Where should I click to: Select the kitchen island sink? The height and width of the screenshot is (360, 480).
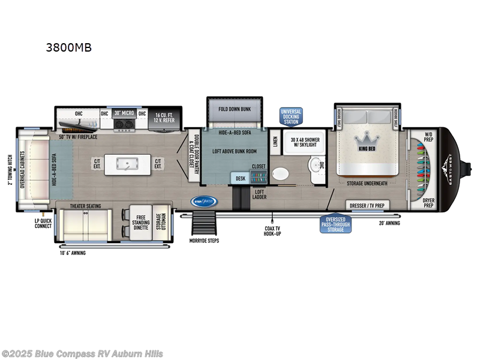[127, 163]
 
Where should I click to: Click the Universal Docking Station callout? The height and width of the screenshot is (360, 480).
[291, 116]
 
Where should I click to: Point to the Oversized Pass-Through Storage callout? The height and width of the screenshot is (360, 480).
[336, 224]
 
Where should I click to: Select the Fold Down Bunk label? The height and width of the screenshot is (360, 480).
[235, 109]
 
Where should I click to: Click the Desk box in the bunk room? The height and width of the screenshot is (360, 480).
[240, 178]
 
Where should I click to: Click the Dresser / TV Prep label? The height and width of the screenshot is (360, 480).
[366, 206]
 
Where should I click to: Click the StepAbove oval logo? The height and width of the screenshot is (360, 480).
[203, 202]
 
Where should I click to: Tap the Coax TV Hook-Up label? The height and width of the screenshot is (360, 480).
[273, 230]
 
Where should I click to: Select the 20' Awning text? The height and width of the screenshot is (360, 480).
[389, 223]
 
